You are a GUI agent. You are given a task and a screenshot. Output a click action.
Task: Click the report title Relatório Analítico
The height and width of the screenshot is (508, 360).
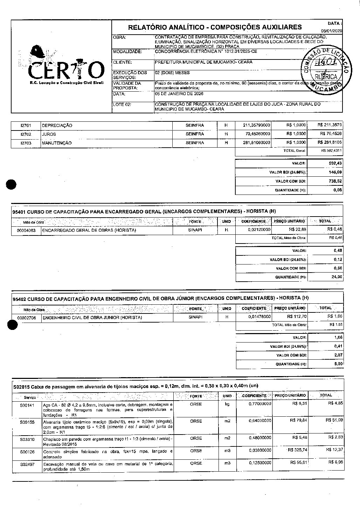215,27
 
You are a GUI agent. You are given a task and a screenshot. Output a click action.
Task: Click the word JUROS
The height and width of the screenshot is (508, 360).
49,134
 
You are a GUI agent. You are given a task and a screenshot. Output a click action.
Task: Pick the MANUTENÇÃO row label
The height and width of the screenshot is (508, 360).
57,143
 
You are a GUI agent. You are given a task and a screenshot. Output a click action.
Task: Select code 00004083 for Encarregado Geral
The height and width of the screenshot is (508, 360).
26,230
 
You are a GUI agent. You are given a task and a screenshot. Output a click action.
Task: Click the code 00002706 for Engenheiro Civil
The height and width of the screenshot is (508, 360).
26,318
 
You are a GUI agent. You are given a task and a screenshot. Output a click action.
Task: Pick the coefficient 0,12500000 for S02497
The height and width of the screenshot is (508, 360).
260,463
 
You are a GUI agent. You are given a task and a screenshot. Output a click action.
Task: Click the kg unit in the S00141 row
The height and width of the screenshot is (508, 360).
227,404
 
